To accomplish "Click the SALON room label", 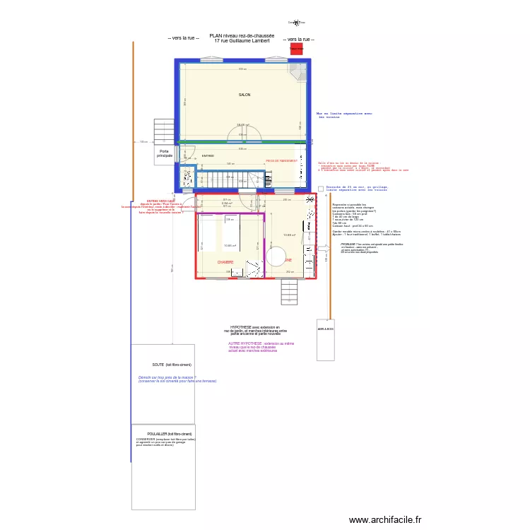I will click(245, 95).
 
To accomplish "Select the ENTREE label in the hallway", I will click(208, 155).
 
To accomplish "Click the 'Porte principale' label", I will click(165, 153).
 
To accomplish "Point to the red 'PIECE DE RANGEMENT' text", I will click(281, 160).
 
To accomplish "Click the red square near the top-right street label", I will click(298, 49).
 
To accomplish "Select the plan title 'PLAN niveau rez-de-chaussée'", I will click(242, 35).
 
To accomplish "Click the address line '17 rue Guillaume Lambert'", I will click(242, 41).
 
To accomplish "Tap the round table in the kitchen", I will click(276, 256).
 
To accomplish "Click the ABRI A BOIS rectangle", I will click(325, 342).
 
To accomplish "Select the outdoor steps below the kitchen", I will click(290, 291).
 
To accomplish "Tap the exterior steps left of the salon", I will click(164, 131).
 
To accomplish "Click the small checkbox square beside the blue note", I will click(321, 189).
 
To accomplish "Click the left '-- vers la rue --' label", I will click(183, 39).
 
